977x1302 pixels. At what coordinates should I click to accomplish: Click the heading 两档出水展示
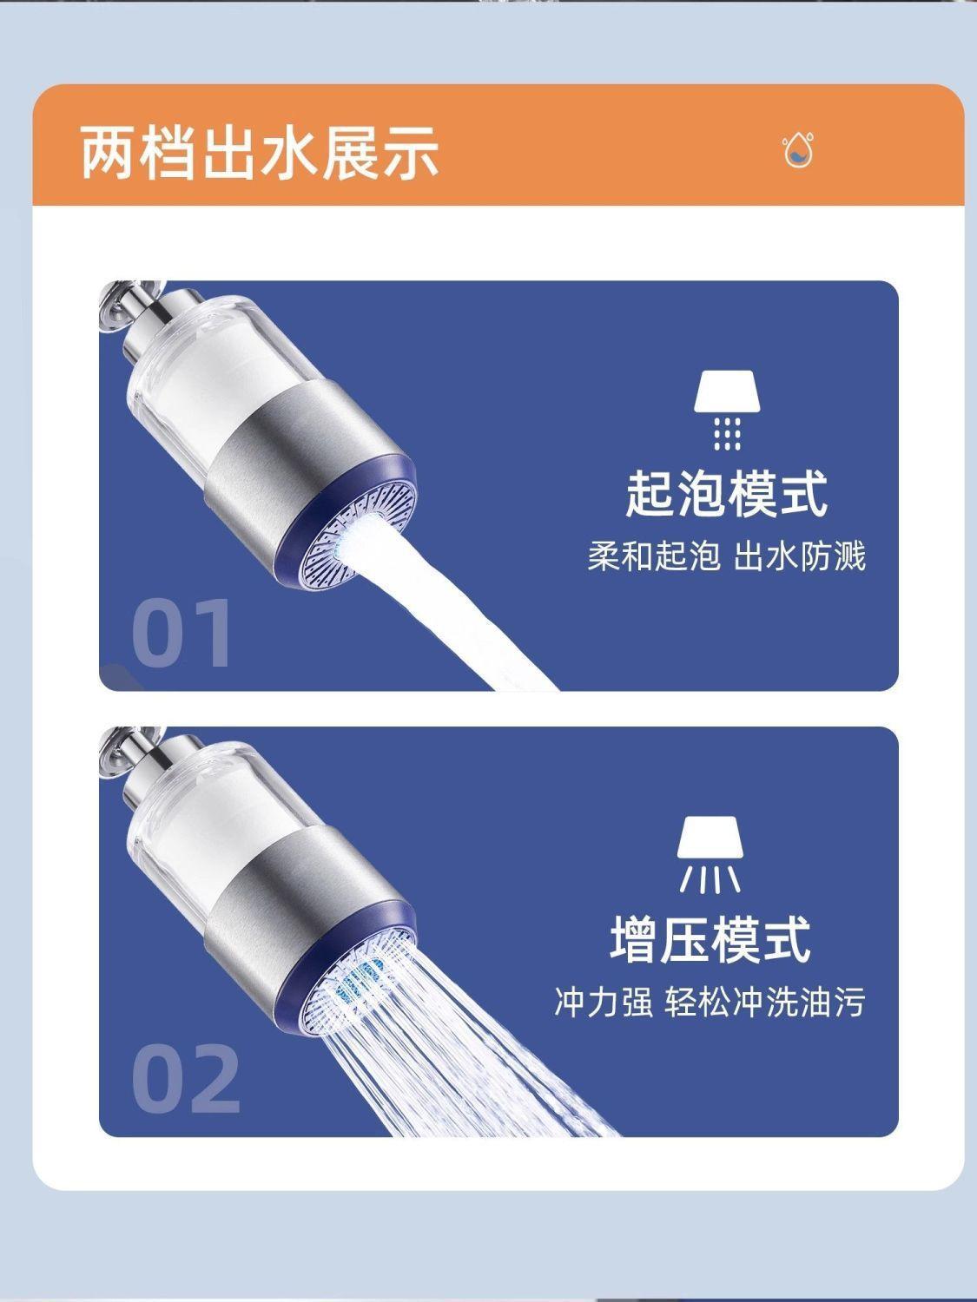pyautogui.click(x=259, y=152)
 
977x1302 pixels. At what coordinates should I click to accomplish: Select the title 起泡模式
pyautogui.click(x=727, y=493)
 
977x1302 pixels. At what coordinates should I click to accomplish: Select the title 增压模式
pyautogui.click(x=710, y=939)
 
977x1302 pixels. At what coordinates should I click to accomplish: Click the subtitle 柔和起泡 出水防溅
pyautogui.click(x=727, y=556)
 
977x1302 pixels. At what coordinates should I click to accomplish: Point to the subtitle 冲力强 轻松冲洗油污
pyautogui.click(x=710, y=1002)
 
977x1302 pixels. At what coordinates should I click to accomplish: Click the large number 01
pyautogui.click(x=181, y=633)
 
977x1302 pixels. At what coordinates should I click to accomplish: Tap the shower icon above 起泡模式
pyautogui.click(x=727, y=411)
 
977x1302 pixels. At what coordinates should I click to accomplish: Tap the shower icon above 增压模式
pyautogui.click(x=710, y=855)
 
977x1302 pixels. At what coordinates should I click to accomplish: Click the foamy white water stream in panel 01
pyautogui.click(x=451, y=605)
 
